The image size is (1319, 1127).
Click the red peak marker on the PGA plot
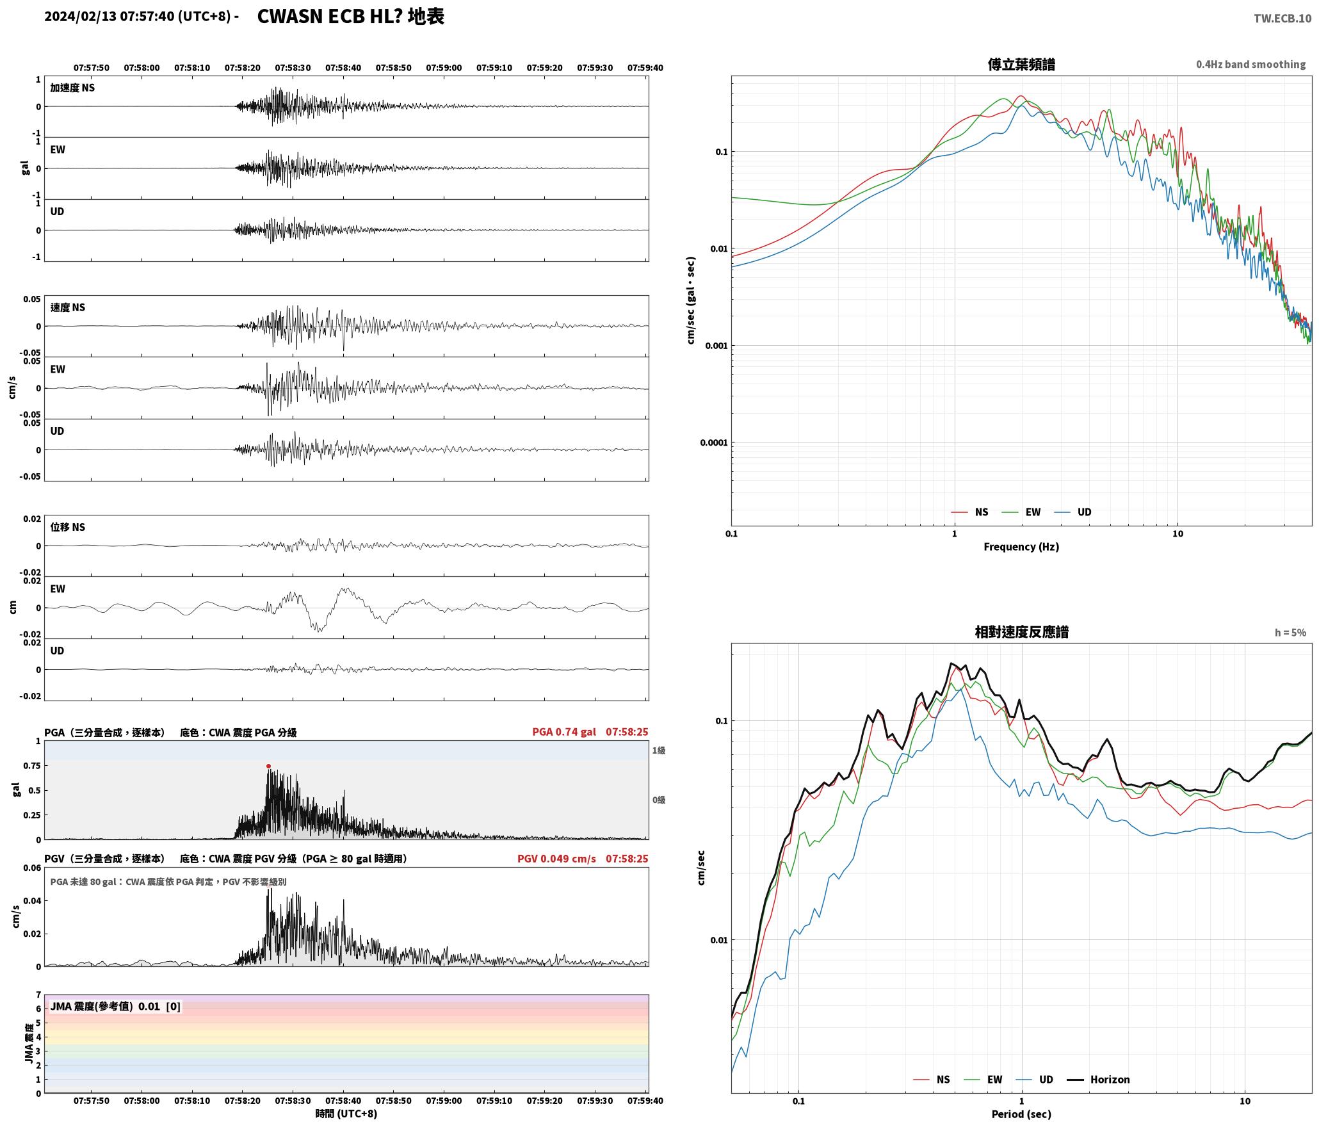(x=268, y=766)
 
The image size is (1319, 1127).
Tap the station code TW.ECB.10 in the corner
(x=1283, y=19)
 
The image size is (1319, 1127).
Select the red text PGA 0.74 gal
(x=564, y=732)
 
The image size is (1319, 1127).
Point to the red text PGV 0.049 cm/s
(x=556, y=858)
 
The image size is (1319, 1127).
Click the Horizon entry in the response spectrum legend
(x=1110, y=1080)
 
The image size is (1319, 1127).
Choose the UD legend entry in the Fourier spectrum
(x=1084, y=512)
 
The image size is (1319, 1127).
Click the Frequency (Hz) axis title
(x=1021, y=547)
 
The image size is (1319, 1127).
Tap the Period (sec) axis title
(x=1021, y=1115)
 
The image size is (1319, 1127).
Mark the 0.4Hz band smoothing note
(x=1250, y=64)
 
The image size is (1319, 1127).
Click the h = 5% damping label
(x=1290, y=633)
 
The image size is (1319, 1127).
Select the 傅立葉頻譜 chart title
(x=1021, y=64)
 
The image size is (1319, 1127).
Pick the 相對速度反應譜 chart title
(x=1021, y=632)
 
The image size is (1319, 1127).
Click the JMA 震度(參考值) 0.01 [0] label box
(x=115, y=1007)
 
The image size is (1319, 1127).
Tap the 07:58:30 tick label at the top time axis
(x=293, y=67)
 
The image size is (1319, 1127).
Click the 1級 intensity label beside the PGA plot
(x=658, y=750)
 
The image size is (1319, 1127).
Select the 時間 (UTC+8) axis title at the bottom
(x=346, y=1114)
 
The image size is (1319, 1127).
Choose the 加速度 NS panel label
(x=72, y=88)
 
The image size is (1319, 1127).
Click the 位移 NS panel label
(x=67, y=527)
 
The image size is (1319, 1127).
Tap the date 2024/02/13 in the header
(x=81, y=17)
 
